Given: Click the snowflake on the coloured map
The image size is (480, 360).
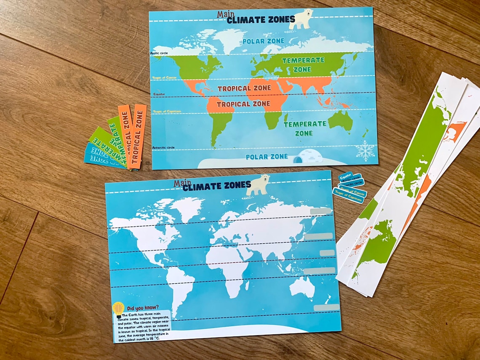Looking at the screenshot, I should click(x=365, y=151).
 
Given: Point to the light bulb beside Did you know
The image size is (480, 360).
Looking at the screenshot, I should click(x=118, y=309).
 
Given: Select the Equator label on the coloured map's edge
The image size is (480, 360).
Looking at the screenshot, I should click(x=159, y=94).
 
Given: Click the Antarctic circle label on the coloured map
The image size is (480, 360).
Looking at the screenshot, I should click(x=163, y=147).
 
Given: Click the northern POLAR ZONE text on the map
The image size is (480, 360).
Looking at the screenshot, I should click(x=263, y=41).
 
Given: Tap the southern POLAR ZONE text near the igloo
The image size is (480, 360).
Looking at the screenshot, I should click(x=267, y=157).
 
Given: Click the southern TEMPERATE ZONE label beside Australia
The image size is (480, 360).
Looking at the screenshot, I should click(x=304, y=128).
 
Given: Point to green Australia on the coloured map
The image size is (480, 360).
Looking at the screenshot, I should click(x=340, y=121).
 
